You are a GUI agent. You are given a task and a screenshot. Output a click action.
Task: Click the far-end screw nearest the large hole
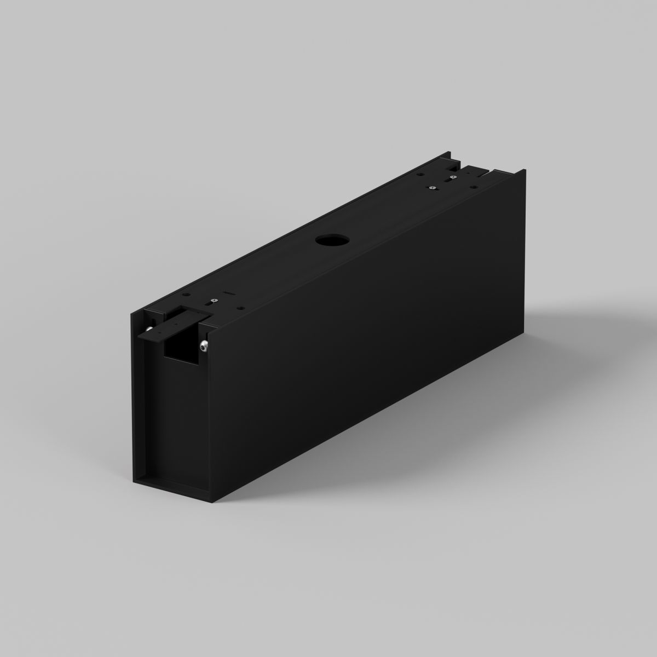[431, 188]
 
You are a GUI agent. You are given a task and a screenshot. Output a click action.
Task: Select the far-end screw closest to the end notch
[454, 177]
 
